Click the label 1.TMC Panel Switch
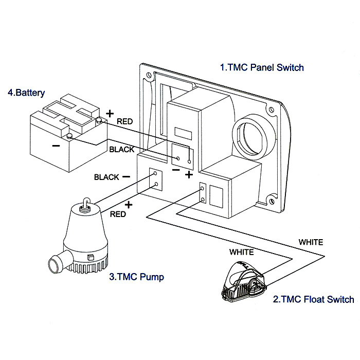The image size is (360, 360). tap(262, 67)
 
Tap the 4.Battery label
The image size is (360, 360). tap(26, 93)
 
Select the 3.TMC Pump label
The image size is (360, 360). tap(136, 277)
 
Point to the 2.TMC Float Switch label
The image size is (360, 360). tap(313, 299)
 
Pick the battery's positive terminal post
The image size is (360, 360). tap(99, 120)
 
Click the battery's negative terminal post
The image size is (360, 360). tap(69, 136)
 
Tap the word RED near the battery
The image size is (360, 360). tap(125, 122)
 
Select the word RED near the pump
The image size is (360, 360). tap(118, 214)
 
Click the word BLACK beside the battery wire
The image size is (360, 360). tap(122, 150)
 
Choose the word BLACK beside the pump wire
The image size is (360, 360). tap(106, 177)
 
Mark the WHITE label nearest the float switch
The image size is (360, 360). tap(242, 253)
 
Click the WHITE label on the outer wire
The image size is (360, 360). tap(311, 241)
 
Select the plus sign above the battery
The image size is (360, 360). tap(109, 113)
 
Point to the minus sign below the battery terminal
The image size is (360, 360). tap(57, 146)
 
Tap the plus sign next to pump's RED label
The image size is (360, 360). tap(128, 205)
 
